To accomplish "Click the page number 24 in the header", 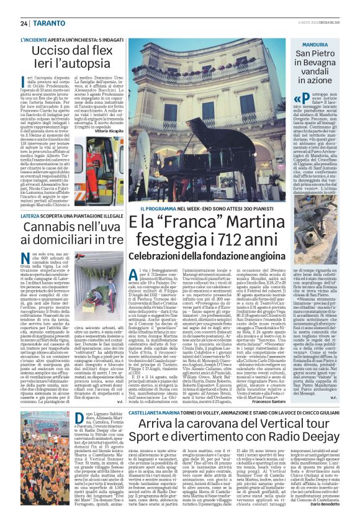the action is coord(24,23).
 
